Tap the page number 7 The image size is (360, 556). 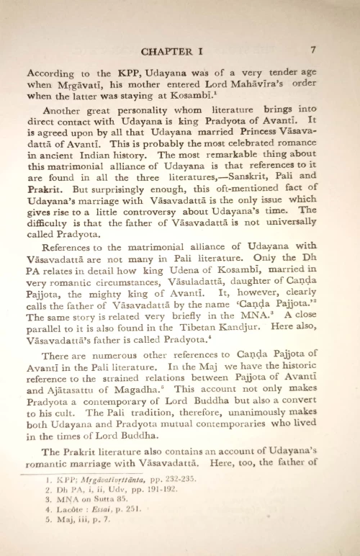click(314, 50)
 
